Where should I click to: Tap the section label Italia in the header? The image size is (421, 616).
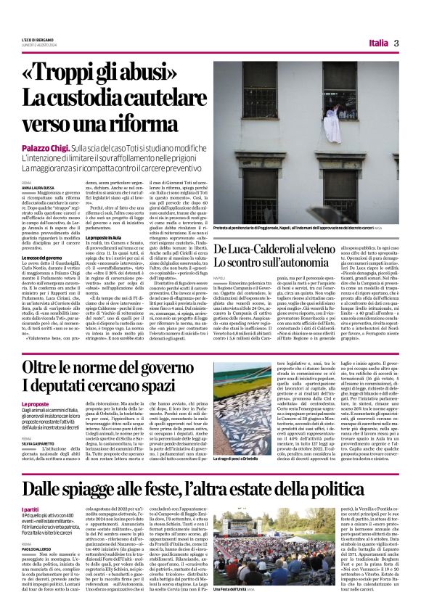(x=377, y=43)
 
